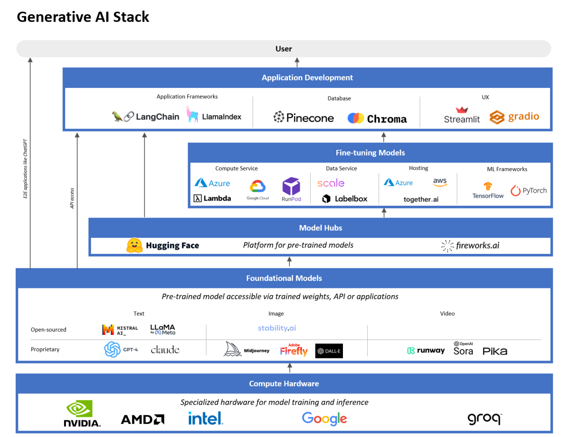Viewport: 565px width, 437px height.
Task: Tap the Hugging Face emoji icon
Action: click(x=134, y=246)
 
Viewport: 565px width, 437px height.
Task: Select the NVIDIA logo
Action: click(x=82, y=413)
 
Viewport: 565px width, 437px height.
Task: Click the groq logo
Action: click(x=484, y=419)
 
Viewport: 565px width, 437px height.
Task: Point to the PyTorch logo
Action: click(x=528, y=191)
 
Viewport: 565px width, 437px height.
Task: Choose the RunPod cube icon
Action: click(x=291, y=186)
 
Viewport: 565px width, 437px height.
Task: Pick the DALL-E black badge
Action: click(x=329, y=351)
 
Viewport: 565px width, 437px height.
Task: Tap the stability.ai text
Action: click(x=277, y=328)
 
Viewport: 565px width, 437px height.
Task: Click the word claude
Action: click(x=165, y=350)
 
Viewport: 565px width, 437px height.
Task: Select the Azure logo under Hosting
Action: click(x=398, y=183)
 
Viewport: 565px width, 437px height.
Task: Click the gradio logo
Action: click(x=514, y=117)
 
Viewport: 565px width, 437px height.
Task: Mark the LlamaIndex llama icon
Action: click(x=192, y=114)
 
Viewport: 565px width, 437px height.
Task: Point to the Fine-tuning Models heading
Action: click(x=370, y=153)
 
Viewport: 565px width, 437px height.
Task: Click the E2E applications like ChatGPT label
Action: click(x=25, y=169)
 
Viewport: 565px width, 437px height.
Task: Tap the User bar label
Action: click(x=284, y=49)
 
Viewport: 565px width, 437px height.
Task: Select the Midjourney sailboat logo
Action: click(x=232, y=349)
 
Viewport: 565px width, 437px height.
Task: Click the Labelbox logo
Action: click(x=345, y=199)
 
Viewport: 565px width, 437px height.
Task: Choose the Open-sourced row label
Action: click(x=48, y=329)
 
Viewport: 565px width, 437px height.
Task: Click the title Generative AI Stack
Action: click(x=83, y=17)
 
